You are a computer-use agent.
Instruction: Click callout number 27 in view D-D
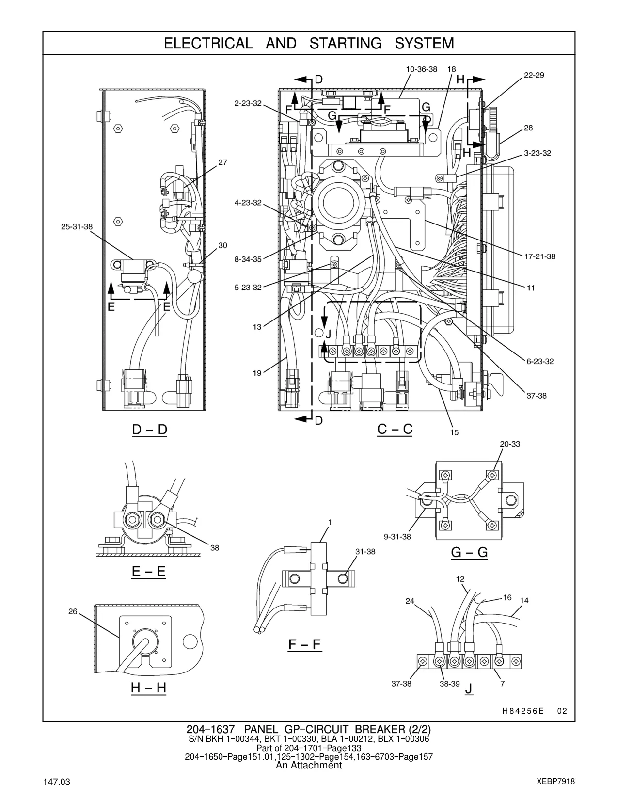click(x=223, y=162)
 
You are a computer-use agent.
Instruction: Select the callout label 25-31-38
click(x=77, y=227)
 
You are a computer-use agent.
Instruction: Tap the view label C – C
click(x=395, y=429)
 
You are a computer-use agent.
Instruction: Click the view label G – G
click(x=470, y=552)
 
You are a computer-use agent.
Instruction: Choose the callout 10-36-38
click(x=422, y=69)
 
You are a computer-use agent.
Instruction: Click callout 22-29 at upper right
click(x=534, y=75)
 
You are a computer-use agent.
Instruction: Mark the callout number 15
click(x=454, y=432)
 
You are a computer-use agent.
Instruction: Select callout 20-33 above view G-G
click(x=510, y=444)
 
